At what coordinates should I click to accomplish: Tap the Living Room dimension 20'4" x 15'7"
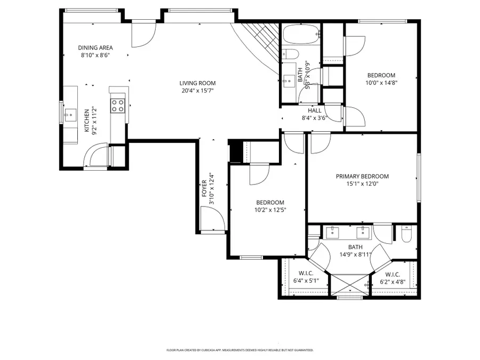point(197,91)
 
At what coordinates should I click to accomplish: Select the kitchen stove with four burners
point(117,105)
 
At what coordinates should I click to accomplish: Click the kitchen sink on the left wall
point(70,114)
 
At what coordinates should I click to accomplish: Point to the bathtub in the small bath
point(301,35)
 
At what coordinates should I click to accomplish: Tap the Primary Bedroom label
point(362,177)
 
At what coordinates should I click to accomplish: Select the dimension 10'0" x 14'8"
point(381,83)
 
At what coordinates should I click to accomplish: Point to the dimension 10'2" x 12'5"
point(270,210)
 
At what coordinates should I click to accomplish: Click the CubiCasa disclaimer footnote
point(240,350)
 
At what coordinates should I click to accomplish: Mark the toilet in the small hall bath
point(290,54)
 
